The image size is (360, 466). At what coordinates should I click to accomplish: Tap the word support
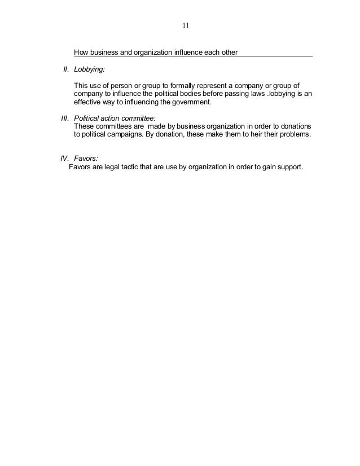pos(289,166)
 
